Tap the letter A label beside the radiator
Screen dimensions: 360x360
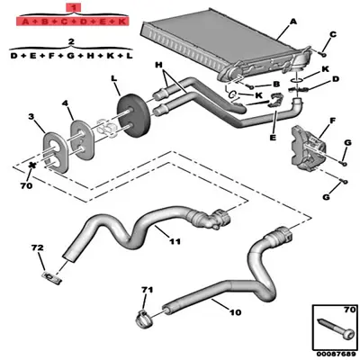click(x=293, y=20)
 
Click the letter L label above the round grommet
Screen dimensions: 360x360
click(x=115, y=80)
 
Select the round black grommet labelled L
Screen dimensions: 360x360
click(x=134, y=118)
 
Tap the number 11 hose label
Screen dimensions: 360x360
click(x=175, y=241)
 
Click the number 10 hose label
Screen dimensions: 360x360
click(x=237, y=312)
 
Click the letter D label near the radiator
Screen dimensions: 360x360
click(x=336, y=79)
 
